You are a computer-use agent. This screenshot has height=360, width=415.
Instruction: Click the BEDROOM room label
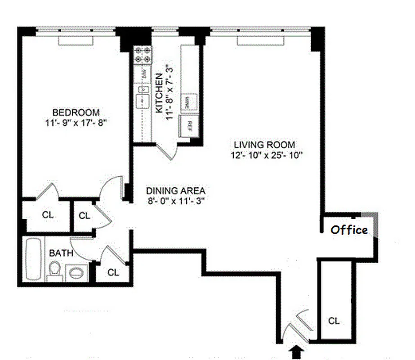click(76, 112)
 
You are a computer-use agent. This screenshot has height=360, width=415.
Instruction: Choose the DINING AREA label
click(176, 190)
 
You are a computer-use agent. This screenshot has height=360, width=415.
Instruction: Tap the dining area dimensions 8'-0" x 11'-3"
click(176, 201)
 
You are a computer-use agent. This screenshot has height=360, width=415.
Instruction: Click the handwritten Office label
click(349, 230)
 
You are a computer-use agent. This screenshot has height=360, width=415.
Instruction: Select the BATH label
click(61, 253)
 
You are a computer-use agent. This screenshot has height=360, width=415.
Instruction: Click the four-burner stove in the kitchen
click(143, 54)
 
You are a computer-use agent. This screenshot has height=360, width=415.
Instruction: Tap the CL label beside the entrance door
click(333, 321)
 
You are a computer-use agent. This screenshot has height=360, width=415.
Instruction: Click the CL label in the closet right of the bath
click(113, 272)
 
